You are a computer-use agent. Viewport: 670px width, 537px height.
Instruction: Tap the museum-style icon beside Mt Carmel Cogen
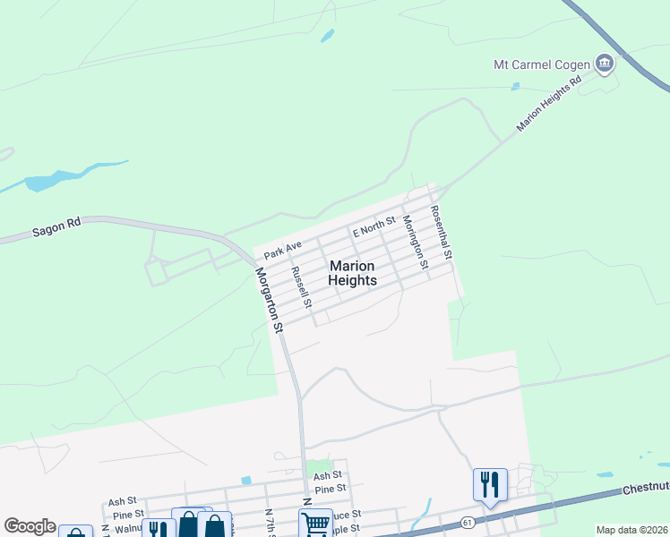click(605, 63)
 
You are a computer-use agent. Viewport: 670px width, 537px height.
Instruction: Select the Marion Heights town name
click(353, 273)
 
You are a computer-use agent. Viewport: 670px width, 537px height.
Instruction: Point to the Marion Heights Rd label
click(549, 105)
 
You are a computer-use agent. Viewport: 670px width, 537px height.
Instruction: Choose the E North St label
click(374, 226)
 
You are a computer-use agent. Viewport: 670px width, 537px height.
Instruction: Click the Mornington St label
click(413, 240)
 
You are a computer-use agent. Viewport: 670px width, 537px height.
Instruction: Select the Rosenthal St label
click(441, 234)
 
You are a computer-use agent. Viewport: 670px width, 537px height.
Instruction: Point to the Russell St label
click(300, 286)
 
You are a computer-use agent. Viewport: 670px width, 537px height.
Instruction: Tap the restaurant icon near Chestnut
click(490, 484)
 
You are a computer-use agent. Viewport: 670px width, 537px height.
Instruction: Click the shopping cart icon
click(315, 524)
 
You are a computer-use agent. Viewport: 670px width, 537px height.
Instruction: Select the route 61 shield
click(468, 521)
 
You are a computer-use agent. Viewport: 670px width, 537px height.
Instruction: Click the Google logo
click(30, 526)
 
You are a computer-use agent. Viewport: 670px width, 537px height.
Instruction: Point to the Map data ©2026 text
click(631, 530)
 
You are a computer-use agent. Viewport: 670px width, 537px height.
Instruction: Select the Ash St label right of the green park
click(328, 476)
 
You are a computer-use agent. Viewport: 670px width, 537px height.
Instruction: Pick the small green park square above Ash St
click(313, 467)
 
